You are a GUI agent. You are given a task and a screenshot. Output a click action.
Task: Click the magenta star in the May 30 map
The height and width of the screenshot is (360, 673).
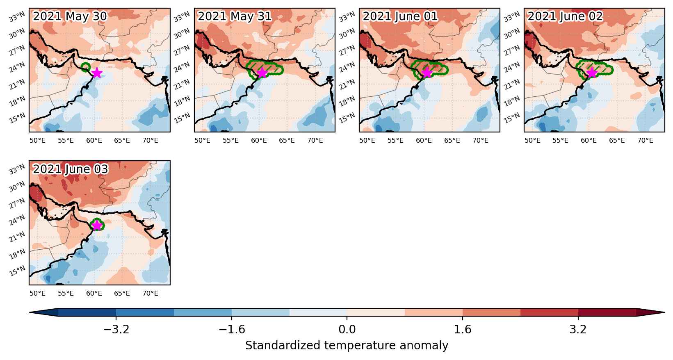coord(97,73)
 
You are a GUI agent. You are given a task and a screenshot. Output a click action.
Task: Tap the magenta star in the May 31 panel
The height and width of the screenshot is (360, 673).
coord(262,73)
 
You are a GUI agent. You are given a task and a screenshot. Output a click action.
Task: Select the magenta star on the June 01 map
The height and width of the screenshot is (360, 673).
coord(427,73)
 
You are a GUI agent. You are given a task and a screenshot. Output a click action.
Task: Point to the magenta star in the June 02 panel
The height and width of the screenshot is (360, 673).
coord(592,73)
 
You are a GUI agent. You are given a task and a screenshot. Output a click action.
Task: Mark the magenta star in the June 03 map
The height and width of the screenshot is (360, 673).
coord(97,225)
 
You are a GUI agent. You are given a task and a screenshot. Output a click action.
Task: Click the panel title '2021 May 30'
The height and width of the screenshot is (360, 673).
coord(70,16)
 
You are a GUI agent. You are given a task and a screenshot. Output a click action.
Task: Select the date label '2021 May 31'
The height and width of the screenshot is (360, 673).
coord(235,16)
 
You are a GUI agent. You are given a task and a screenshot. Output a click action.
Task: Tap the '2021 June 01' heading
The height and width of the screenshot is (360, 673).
coord(400,16)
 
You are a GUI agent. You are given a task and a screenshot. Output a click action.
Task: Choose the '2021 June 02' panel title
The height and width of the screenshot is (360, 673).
coord(565,16)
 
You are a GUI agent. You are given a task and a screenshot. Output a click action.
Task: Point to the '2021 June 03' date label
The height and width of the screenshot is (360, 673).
coord(70,169)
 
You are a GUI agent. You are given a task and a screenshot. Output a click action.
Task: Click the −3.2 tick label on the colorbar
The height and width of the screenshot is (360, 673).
coord(116,330)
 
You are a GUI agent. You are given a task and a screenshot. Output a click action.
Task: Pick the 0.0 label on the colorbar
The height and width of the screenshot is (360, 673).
coord(347,330)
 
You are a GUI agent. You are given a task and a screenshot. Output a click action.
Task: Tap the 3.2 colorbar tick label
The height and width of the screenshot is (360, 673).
coord(578,330)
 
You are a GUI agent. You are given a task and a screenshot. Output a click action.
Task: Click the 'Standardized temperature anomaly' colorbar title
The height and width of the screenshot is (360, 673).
coord(347,346)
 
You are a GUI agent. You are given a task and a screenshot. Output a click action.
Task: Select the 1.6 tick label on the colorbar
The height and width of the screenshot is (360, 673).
coord(462,330)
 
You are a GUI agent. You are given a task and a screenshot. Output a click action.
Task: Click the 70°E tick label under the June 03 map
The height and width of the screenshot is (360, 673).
coord(150,293)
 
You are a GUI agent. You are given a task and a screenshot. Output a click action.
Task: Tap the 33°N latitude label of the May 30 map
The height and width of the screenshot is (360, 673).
coord(16,17)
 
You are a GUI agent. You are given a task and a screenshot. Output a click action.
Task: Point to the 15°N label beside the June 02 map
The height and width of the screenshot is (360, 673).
coord(512,118)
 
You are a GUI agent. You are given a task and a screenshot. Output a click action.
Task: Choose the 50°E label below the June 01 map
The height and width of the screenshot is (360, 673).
coord(367,141)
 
